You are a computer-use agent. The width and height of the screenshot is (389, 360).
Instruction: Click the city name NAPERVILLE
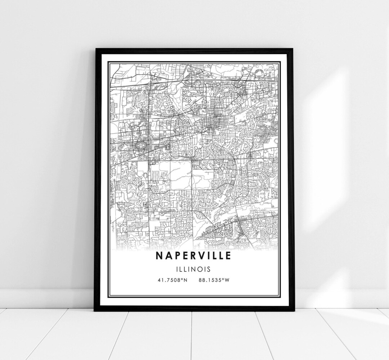194,255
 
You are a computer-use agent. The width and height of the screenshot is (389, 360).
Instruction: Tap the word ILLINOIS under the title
194,269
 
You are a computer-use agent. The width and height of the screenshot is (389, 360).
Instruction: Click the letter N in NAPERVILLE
159,255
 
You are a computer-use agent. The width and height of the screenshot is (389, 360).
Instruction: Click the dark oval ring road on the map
140,146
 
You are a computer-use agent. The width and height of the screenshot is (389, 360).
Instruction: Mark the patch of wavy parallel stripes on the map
155,176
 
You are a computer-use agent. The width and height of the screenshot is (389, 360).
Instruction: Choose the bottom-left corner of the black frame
95,310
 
